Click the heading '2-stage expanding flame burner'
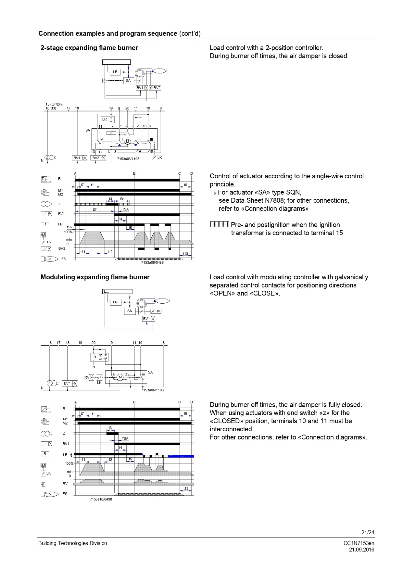[x=89, y=48]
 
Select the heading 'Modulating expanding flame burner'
[x=95, y=277]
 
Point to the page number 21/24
[x=368, y=532]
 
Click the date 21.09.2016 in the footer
[x=361, y=550]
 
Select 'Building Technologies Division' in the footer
[x=72, y=543]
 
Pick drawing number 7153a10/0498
[x=101, y=499]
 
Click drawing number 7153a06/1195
[x=152, y=390]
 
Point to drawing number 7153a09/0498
[x=152, y=262]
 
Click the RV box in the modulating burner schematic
[x=158, y=311]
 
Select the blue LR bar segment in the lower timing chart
[x=181, y=456]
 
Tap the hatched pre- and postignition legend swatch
[x=220, y=224]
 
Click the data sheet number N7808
[x=273, y=200]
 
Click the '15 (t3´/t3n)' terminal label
[x=54, y=104]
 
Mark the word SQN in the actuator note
[x=294, y=192]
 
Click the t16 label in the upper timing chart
[x=69, y=227]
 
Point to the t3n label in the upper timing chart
[x=122, y=199]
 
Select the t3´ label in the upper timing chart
[x=94, y=209]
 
